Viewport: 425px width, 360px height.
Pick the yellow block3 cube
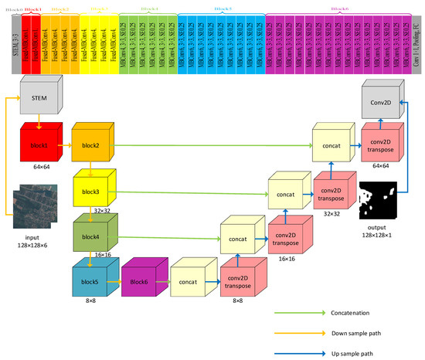(92, 190)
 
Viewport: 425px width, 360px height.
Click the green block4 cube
(92, 236)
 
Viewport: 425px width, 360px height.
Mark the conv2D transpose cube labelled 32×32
(333, 190)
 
